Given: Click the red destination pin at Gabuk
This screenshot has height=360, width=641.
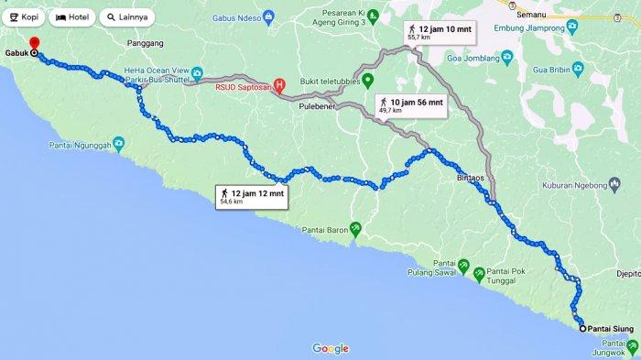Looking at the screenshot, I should coord(34,44).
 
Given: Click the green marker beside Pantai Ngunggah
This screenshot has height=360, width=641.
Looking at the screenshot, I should coord(119,144).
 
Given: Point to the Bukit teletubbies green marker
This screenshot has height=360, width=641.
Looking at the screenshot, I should coord(367,80).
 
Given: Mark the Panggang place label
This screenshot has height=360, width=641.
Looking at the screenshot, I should coord(147,43).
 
